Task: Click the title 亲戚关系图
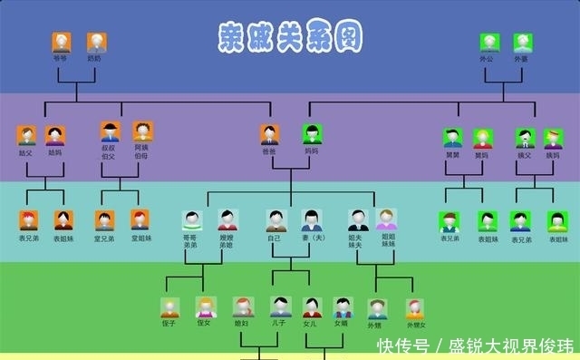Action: click(x=290, y=37)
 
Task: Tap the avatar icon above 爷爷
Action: click(x=62, y=42)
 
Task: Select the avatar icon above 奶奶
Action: click(x=96, y=42)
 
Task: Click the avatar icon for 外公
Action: click(x=488, y=42)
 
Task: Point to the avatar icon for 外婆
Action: click(x=522, y=42)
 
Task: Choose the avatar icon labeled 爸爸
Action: click(x=269, y=135)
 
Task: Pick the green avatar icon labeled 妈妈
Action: click(x=312, y=135)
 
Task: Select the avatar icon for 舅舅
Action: click(x=452, y=138)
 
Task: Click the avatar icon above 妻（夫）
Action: click(x=312, y=220)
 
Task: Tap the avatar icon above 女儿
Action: click(x=312, y=307)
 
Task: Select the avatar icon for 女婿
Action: click(x=342, y=306)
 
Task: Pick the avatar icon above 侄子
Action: click(x=169, y=307)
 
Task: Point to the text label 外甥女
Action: click(x=416, y=325)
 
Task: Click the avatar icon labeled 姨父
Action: click(x=526, y=138)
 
